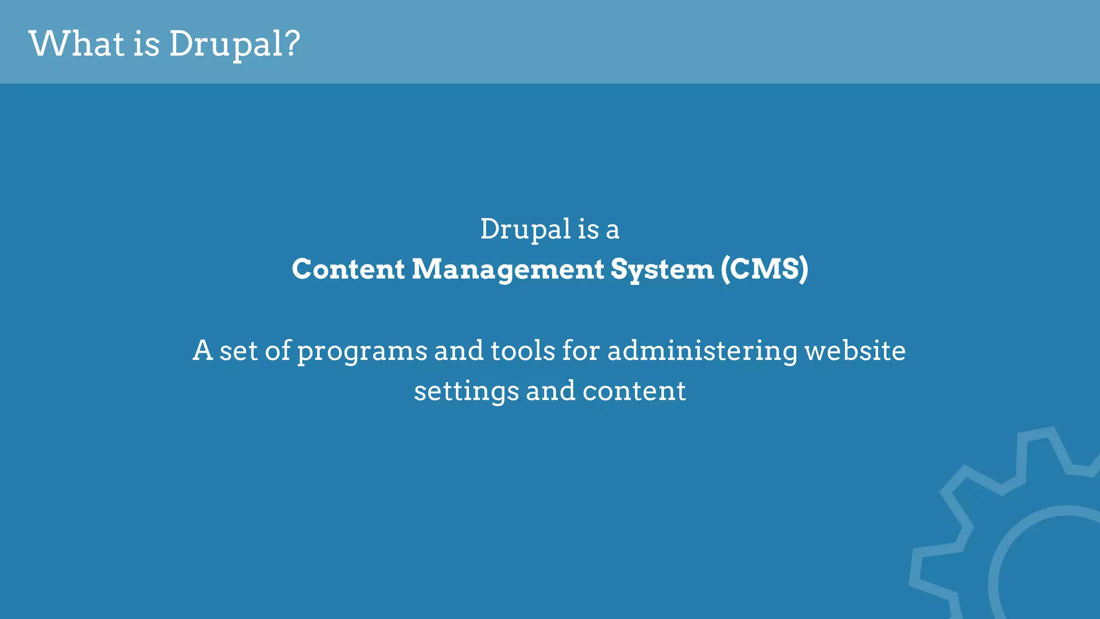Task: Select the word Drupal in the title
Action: (226, 44)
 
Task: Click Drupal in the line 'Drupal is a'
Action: (525, 229)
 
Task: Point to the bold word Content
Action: (348, 269)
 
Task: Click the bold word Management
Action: (508, 270)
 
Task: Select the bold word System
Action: (662, 270)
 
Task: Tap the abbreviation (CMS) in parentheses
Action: (764, 269)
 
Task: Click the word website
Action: (855, 350)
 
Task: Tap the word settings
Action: (466, 391)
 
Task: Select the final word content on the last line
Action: (634, 391)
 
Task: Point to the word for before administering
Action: (581, 350)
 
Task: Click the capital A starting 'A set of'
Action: (202, 350)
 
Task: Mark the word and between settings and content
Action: (551, 391)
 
